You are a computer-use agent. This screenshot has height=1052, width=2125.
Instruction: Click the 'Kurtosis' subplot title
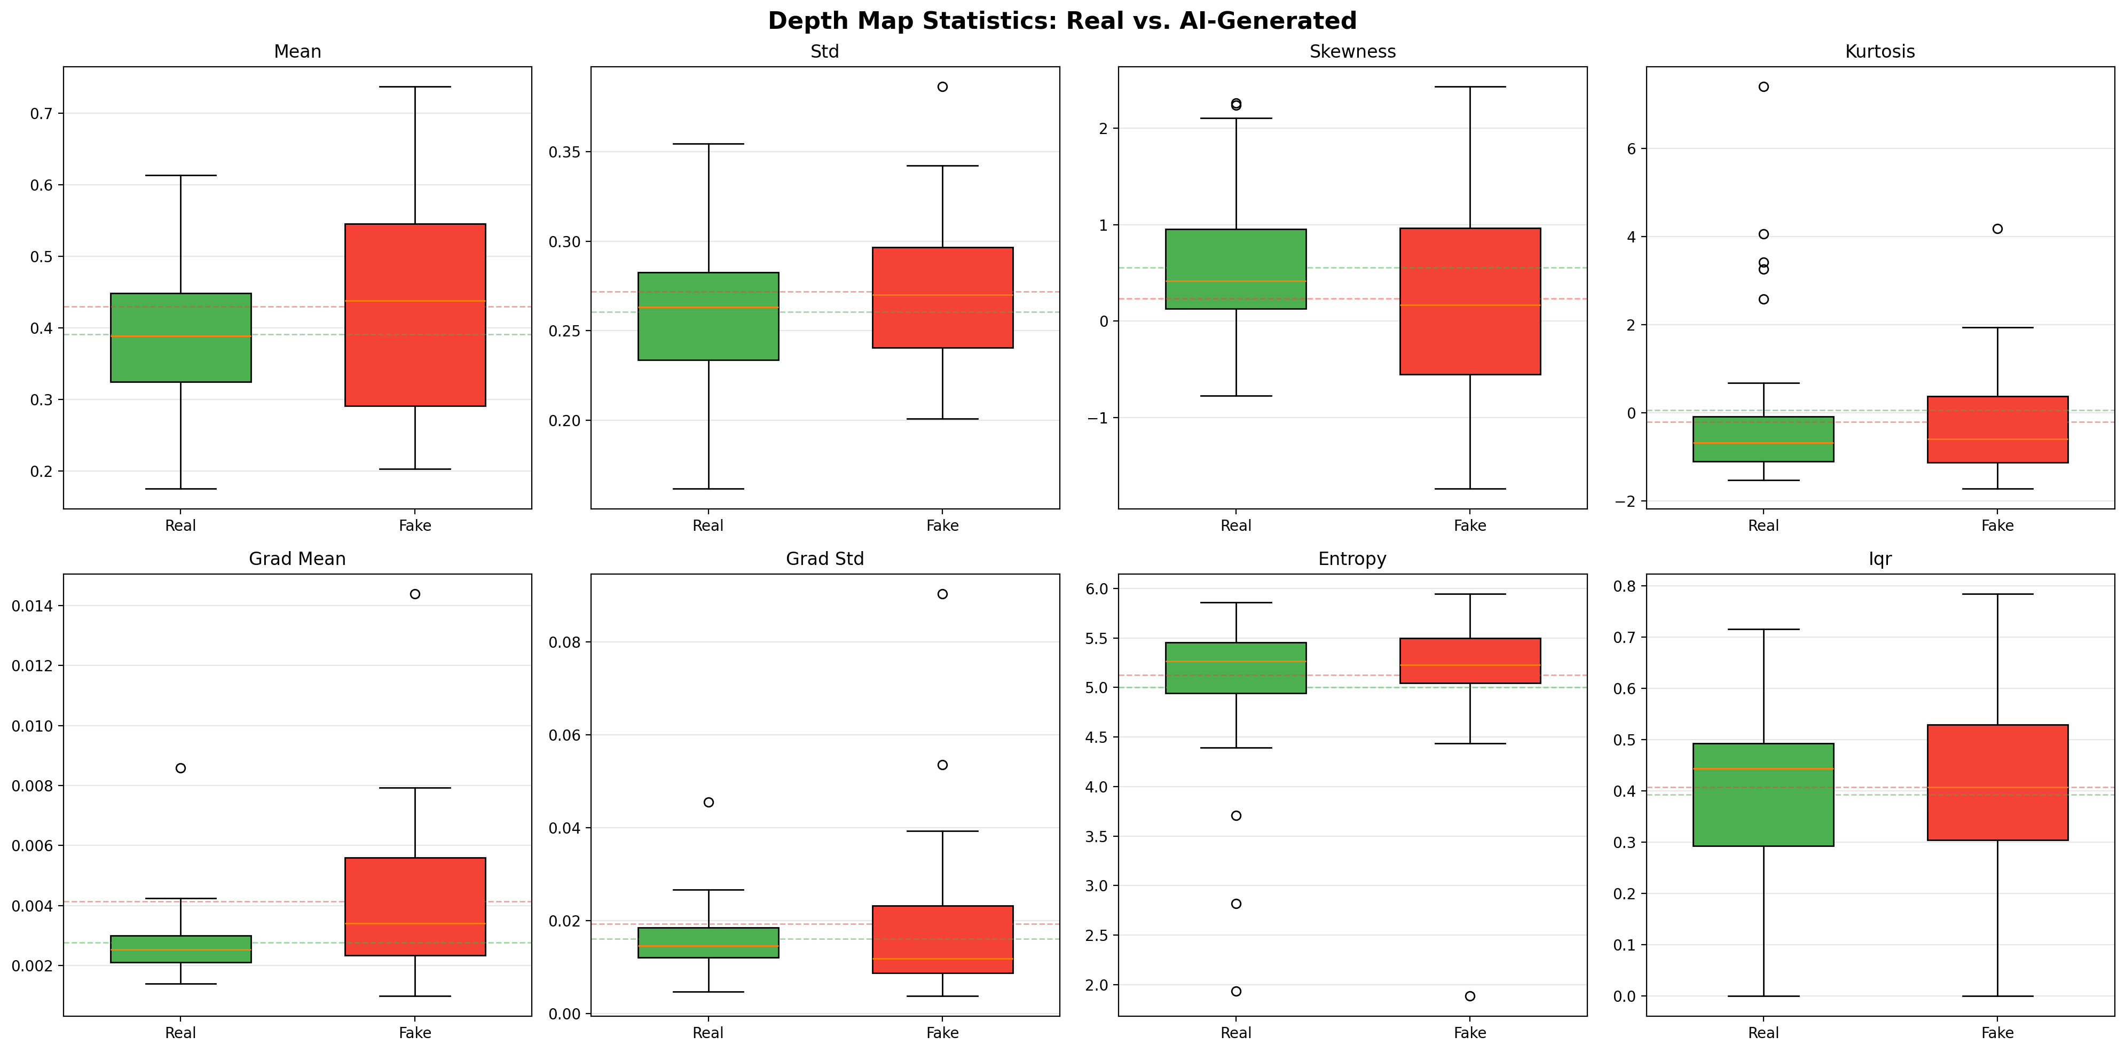pos(1879,52)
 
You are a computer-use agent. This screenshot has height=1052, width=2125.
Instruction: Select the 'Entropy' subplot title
pos(1352,559)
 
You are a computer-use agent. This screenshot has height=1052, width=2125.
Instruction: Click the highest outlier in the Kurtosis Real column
pos(1763,87)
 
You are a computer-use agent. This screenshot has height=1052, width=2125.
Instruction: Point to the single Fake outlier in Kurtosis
pos(1997,229)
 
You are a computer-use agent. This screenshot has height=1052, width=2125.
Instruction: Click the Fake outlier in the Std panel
pos(942,87)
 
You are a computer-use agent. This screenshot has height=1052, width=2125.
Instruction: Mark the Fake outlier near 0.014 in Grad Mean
pos(415,594)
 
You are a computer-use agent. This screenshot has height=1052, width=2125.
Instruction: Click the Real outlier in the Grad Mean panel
pos(180,768)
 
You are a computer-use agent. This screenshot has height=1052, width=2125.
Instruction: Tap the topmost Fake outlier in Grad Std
pos(942,594)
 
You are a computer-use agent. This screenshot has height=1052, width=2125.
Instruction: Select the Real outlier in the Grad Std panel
pos(708,802)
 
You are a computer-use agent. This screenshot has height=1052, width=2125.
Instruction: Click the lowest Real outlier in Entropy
pos(1235,991)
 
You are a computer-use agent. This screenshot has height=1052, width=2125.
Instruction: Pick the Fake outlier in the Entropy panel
pos(1469,996)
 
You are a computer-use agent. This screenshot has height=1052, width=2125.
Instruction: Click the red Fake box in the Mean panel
pos(415,315)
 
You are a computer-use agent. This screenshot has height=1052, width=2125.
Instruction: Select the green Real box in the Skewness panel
pos(1235,269)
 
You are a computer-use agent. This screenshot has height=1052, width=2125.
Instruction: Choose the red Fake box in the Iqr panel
pos(1997,782)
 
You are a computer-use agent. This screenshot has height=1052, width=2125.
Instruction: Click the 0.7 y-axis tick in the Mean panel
pos(41,114)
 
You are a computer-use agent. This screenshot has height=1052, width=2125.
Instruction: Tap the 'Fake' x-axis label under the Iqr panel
pos(1997,1032)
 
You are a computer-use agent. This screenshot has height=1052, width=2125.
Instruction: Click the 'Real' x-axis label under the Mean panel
pos(180,525)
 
